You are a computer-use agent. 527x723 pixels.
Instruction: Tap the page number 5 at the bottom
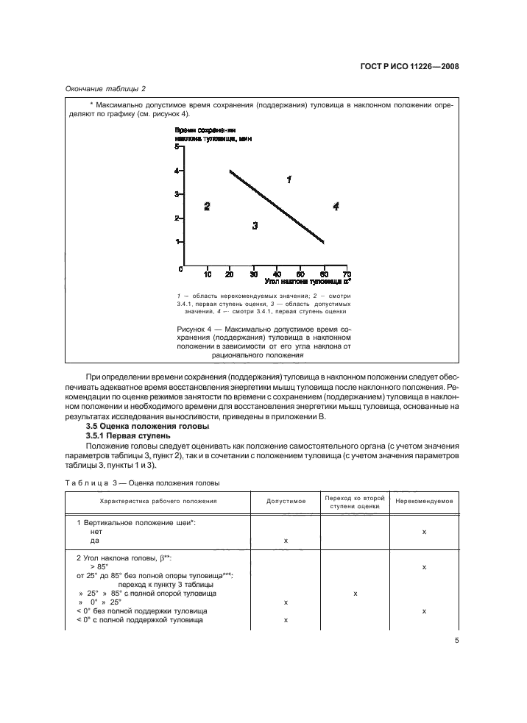coord(456,641)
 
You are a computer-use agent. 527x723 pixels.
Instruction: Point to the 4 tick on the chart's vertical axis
coord(177,171)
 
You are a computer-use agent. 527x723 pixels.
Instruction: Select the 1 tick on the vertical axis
coord(177,242)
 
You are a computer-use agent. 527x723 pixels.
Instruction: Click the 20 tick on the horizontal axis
coord(230,274)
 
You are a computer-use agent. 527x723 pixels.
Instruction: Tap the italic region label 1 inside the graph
coord(289,179)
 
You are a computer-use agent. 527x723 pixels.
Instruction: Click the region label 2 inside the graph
coord(207,207)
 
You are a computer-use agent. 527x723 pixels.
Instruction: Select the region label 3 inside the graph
coord(255,227)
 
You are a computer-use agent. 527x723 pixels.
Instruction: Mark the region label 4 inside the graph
coord(336,207)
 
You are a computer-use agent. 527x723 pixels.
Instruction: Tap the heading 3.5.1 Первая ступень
coord(127,436)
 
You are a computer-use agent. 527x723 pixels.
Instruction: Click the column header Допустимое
coord(286,501)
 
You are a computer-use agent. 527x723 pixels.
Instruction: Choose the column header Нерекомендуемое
coord(423,501)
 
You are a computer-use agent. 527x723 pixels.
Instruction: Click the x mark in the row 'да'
coord(286,540)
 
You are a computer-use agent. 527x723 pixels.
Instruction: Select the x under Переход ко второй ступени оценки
coord(356,593)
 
